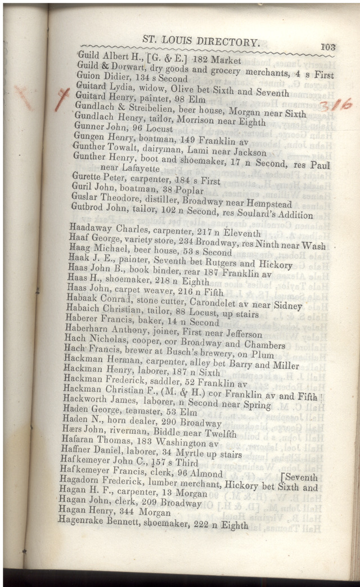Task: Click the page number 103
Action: click(327, 47)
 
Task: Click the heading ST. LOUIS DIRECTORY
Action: click(201, 41)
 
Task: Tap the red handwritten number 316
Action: click(335, 105)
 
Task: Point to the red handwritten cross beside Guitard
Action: click(62, 100)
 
